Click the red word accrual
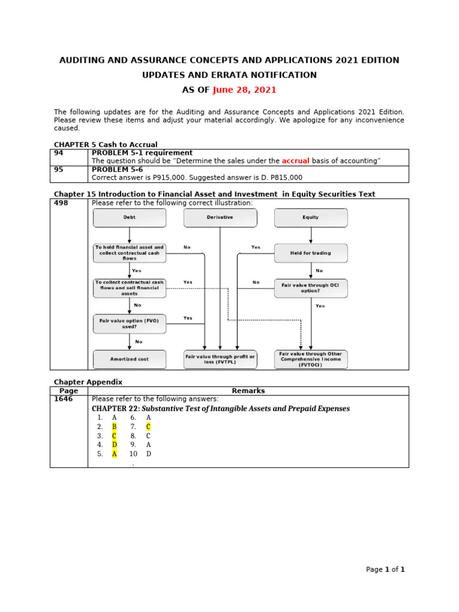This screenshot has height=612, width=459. click(x=295, y=161)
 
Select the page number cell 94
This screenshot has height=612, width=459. click(x=59, y=153)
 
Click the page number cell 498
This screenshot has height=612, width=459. click(x=62, y=203)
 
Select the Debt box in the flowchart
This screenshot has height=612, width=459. click(x=130, y=218)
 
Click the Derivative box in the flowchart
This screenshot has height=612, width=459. click(x=220, y=218)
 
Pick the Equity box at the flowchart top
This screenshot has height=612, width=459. click(x=311, y=218)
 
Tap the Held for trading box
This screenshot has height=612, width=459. click(x=311, y=253)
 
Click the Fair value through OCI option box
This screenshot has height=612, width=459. click(x=311, y=288)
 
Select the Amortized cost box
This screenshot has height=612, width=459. click(x=130, y=359)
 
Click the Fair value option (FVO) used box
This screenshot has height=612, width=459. click(x=130, y=324)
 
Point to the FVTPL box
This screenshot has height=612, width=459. click(x=220, y=359)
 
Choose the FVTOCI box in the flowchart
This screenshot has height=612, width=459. click(x=311, y=359)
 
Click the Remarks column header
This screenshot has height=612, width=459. click(x=248, y=391)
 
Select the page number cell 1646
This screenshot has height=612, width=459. click(x=63, y=399)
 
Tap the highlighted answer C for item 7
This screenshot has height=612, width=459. click(x=148, y=427)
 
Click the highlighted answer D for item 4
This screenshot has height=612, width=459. click(x=114, y=445)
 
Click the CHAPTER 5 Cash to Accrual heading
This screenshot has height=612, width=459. click(x=106, y=145)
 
